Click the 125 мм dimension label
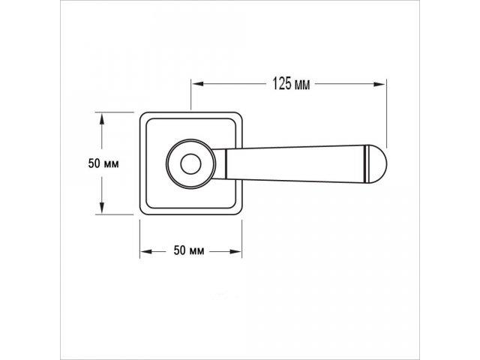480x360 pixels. point(291,83)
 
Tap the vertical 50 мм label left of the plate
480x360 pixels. point(103,163)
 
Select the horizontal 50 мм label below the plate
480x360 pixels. point(188,250)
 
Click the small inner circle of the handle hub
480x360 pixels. point(190,164)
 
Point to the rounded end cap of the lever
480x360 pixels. point(377,163)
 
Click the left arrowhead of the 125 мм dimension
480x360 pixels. point(198,83)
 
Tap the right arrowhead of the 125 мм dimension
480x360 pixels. point(379,84)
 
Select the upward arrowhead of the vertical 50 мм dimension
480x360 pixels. point(102,118)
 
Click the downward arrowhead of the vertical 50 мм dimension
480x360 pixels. point(102,208)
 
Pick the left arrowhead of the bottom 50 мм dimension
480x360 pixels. point(146,251)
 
